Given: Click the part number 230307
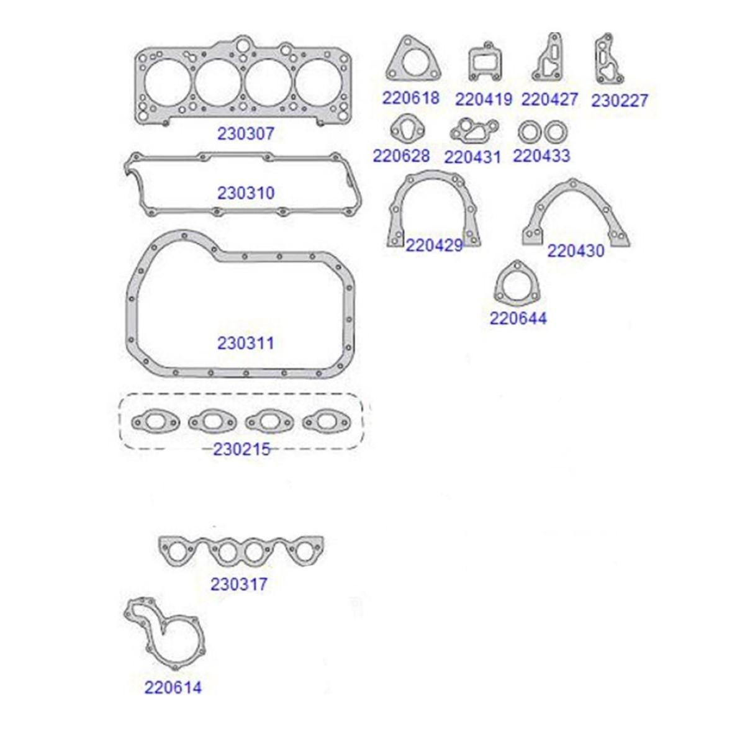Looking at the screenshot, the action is [245, 133].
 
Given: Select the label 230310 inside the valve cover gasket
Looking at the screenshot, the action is [246, 193].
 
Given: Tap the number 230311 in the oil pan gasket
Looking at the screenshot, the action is [246, 343].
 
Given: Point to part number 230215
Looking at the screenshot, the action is [242, 449].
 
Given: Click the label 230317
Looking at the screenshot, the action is [239, 584].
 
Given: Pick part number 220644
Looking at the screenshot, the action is [518, 318].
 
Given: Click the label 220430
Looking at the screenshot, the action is [576, 251].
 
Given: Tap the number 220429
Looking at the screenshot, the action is [434, 245].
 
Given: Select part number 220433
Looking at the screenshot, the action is [541, 156].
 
